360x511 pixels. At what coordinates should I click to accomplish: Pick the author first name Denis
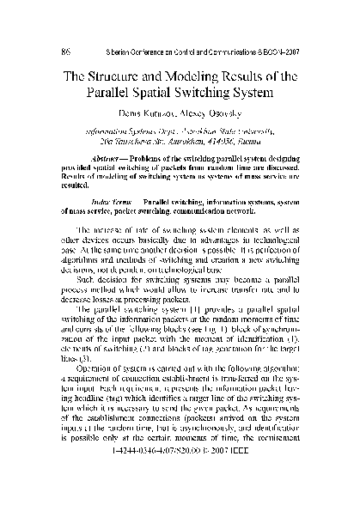(x=134, y=113)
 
